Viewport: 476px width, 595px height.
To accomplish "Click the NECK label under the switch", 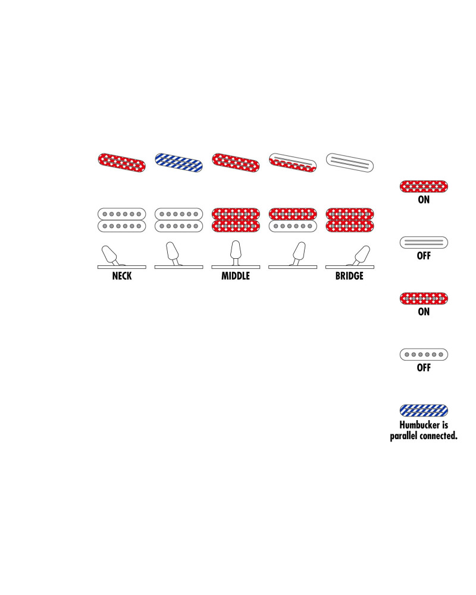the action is (122, 276).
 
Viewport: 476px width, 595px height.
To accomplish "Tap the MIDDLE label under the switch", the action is (236, 276).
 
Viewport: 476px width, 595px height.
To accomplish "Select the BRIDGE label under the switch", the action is (349, 276).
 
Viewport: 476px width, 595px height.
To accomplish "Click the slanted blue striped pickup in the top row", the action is (178, 162).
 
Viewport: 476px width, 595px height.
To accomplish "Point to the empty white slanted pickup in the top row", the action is (350, 162).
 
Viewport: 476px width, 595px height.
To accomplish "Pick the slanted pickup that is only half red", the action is (293, 162).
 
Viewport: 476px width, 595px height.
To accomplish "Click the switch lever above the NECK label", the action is (110, 255).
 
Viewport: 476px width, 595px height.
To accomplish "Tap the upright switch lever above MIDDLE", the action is (236, 252).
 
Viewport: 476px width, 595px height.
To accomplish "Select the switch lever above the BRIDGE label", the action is (361, 255).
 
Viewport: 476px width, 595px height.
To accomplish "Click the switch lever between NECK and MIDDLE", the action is (173, 253).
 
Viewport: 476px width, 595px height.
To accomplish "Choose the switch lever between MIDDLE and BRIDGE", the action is (299, 253).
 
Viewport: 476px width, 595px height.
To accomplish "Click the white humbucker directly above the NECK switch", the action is (122, 220).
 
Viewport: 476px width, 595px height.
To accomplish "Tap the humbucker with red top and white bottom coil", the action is (293, 220).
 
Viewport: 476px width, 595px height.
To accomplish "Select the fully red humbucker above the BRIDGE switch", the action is (350, 220).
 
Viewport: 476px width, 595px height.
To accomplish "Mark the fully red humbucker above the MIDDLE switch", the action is (236, 220).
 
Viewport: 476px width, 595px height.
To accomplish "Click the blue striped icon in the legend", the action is (424, 411).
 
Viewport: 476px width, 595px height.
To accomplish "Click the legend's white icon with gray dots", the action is (424, 355).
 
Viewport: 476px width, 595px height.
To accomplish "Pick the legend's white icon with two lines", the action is (424, 243).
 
